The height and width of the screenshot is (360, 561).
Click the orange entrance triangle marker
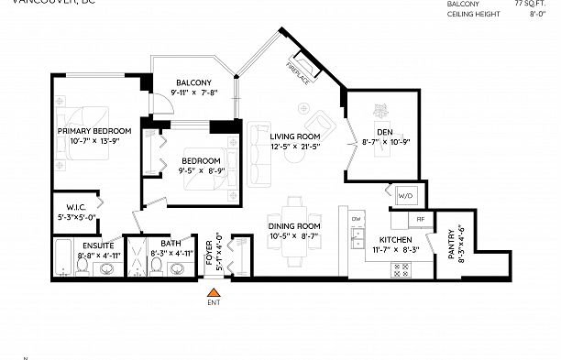coord(214,290)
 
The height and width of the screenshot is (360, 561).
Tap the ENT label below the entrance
coord(214,301)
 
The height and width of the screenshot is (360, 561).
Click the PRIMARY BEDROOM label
coord(94,132)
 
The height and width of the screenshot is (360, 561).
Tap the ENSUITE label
coord(97,245)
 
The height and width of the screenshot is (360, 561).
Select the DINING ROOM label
coord(293,226)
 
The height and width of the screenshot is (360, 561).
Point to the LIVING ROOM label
coord(295,136)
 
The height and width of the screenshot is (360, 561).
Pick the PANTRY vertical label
coord(451,245)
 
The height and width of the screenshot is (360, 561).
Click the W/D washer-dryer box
coord(406,195)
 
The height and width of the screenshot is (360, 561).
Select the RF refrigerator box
coord(420,220)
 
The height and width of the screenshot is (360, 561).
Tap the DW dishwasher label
coord(356,221)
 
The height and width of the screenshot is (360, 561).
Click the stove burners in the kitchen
coord(401,268)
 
